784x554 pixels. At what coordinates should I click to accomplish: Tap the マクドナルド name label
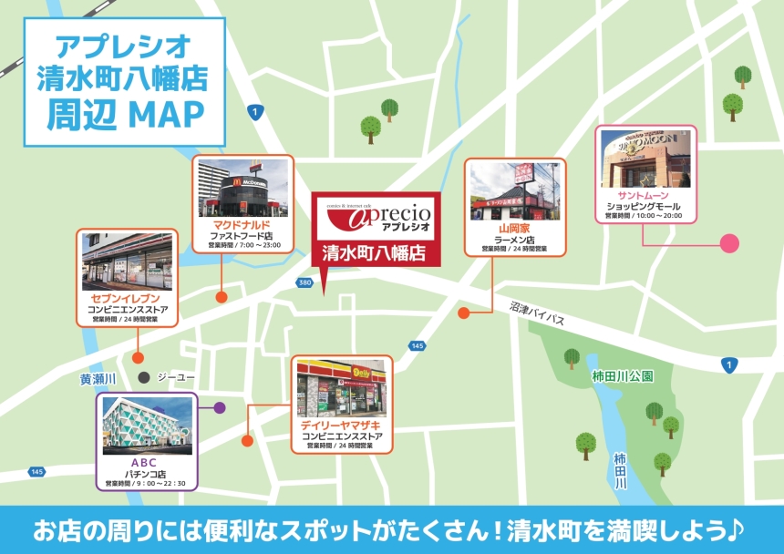[x=242, y=225]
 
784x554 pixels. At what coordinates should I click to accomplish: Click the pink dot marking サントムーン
[x=729, y=243]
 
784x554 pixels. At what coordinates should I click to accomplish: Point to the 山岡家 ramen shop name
[x=515, y=228]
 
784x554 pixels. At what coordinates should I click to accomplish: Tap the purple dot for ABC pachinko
[x=219, y=407]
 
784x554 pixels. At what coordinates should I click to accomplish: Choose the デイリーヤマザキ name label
[x=342, y=426]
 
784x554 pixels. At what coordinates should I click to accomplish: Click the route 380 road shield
[x=304, y=283]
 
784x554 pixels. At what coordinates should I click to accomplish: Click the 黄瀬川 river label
[x=98, y=378]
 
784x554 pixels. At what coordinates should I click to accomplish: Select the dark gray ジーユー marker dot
[x=143, y=377]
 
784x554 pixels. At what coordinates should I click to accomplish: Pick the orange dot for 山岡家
[x=463, y=313]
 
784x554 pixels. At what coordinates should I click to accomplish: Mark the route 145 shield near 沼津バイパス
[x=418, y=345]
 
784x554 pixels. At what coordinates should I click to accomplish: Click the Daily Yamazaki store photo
[x=341, y=386]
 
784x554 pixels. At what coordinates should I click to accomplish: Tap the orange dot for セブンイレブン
[x=138, y=357]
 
